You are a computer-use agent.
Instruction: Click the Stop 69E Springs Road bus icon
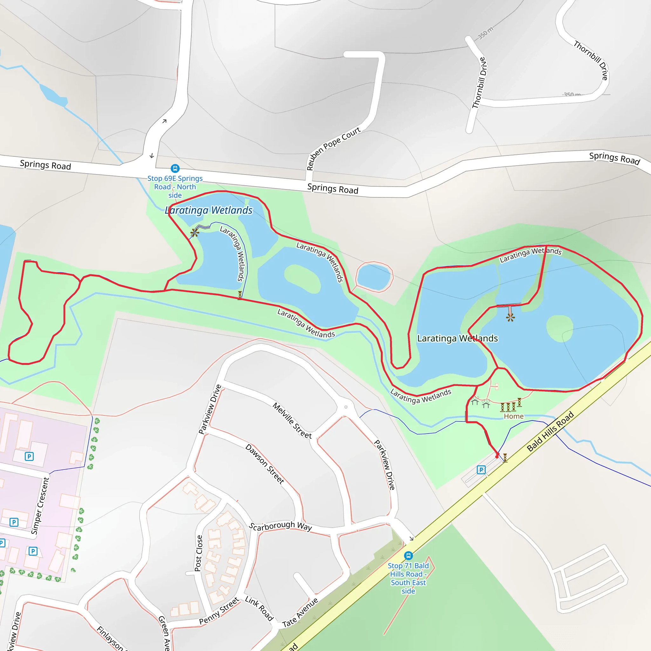tap(175, 168)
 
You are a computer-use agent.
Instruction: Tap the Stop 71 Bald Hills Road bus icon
tap(408, 555)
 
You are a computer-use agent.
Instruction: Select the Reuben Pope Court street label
tap(333, 148)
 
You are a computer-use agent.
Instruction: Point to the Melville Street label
tap(292, 420)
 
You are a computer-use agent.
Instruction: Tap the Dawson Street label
tap(264, 464)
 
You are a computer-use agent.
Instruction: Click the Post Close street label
tap(199, 553)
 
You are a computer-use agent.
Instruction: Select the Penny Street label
tap(219, 611)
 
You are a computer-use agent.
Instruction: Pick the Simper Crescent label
tap(40, 505)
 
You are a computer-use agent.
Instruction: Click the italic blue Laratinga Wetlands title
tap(209, 210)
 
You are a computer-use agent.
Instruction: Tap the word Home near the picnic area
tap(514, 416)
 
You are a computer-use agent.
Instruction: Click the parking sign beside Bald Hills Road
tap(481, 470)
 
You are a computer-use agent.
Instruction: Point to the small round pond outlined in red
tap(374, 277)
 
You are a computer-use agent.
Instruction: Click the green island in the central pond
tap(303, 278)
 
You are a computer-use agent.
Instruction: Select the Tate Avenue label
tap(300, 613)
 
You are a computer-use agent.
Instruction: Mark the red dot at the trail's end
tap(497, 456)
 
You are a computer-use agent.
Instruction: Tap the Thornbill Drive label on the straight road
tap(479, 83)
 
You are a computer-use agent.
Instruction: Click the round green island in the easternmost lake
tap(559, 328)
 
